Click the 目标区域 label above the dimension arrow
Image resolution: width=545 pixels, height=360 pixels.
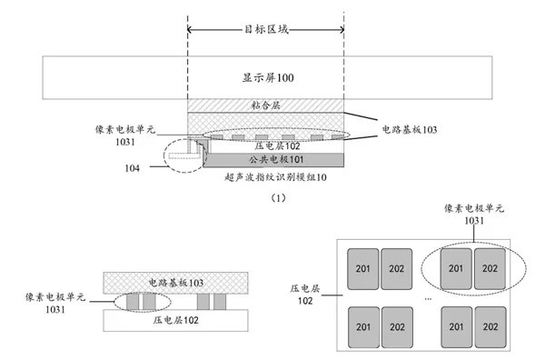click(265, 29)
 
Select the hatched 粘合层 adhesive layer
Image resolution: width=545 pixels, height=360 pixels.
click(265, 105)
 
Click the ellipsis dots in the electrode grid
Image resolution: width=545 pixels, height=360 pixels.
click(427, 297)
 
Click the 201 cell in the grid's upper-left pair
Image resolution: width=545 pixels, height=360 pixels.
click(361, 267)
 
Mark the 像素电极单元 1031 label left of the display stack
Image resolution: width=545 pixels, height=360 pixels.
click(125, 135)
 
